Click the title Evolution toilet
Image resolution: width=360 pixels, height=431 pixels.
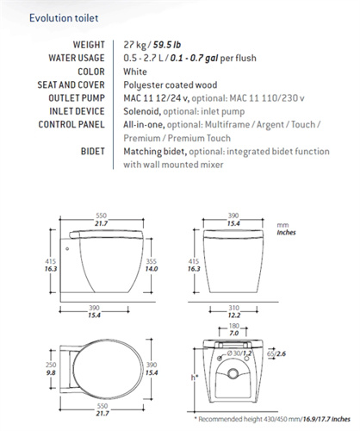[x=59, y=17]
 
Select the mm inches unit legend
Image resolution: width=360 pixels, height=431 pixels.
[x=283, y=228]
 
